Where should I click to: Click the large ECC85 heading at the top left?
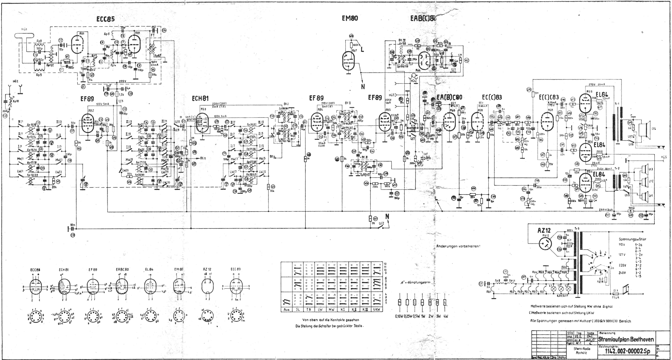pos(105,19)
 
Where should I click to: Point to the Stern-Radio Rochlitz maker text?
pos(581,351)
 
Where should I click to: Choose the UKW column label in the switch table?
pos(377,310)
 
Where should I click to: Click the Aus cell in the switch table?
pos(286,310)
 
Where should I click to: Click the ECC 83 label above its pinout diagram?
pos(236,269)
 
